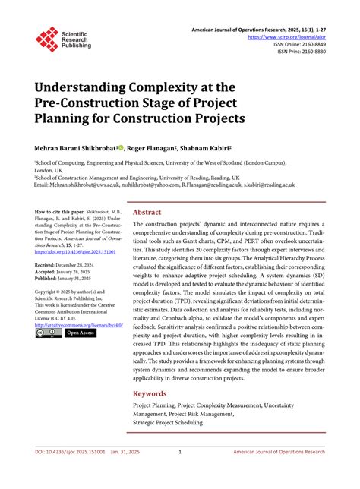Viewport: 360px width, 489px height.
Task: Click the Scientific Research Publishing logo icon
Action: tap(46, 39)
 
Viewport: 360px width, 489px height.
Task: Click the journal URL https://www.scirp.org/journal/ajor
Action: tap(292, 36)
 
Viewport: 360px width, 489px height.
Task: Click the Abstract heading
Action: tap(147, 213)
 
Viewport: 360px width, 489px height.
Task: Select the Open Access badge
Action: tap(81, 333)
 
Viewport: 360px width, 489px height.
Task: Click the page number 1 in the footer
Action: tap(180, 473)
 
